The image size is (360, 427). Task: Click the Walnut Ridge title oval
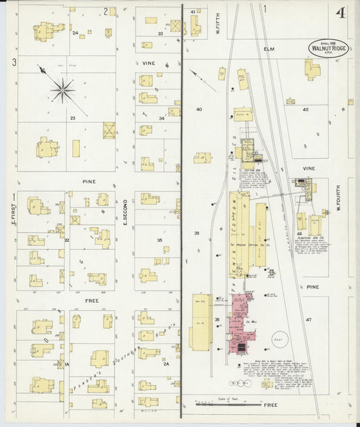point(329,48)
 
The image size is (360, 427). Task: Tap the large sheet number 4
point(341,14)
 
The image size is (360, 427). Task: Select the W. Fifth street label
point(218,24)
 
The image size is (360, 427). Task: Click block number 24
point(75,32)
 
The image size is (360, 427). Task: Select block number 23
point(71,118)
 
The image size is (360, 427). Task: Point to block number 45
point(305,109)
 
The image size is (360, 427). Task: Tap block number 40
point(199,109)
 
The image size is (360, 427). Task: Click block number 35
point(160,240)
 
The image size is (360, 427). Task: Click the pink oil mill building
point(238,324)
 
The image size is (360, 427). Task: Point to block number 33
point(161,33)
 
